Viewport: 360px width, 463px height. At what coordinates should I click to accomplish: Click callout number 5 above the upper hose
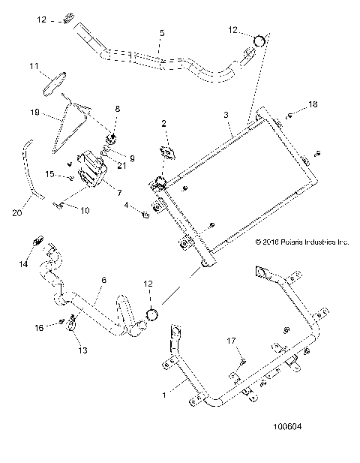(161, 34)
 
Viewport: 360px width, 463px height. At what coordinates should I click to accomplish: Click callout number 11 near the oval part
(34, 67)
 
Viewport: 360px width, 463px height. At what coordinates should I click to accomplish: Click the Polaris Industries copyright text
(302, 242)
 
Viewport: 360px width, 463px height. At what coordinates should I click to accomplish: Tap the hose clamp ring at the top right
(258, 41)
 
